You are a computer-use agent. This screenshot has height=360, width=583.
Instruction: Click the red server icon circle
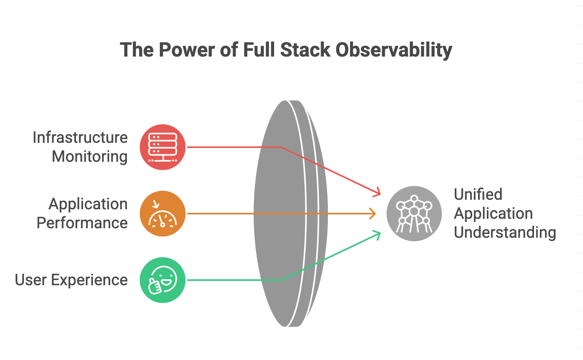(x=163, y=147)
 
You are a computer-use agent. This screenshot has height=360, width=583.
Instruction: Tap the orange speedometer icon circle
(x=163, y=214)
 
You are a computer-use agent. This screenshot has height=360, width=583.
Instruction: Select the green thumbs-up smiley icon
(x=163, y=280)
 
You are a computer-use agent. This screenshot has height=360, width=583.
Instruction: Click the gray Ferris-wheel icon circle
(x=414, y=214)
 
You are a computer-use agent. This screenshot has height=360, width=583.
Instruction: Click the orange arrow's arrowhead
(x=373, y=214)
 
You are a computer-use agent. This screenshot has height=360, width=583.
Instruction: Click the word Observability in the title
(x=394, y=50)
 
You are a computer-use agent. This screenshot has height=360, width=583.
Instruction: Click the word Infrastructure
(x=80, y=138)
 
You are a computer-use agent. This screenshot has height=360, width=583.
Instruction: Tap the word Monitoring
(x=90, y=157)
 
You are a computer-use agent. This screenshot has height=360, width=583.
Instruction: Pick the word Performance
(x=82, y=223)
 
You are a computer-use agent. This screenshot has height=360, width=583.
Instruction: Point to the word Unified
(x=478, y=195)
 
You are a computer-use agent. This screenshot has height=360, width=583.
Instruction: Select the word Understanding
(x=505, y=233)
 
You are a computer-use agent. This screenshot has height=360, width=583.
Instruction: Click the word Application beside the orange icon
(x=88, y=204)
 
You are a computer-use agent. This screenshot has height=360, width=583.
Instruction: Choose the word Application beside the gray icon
(x=493, y=214)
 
